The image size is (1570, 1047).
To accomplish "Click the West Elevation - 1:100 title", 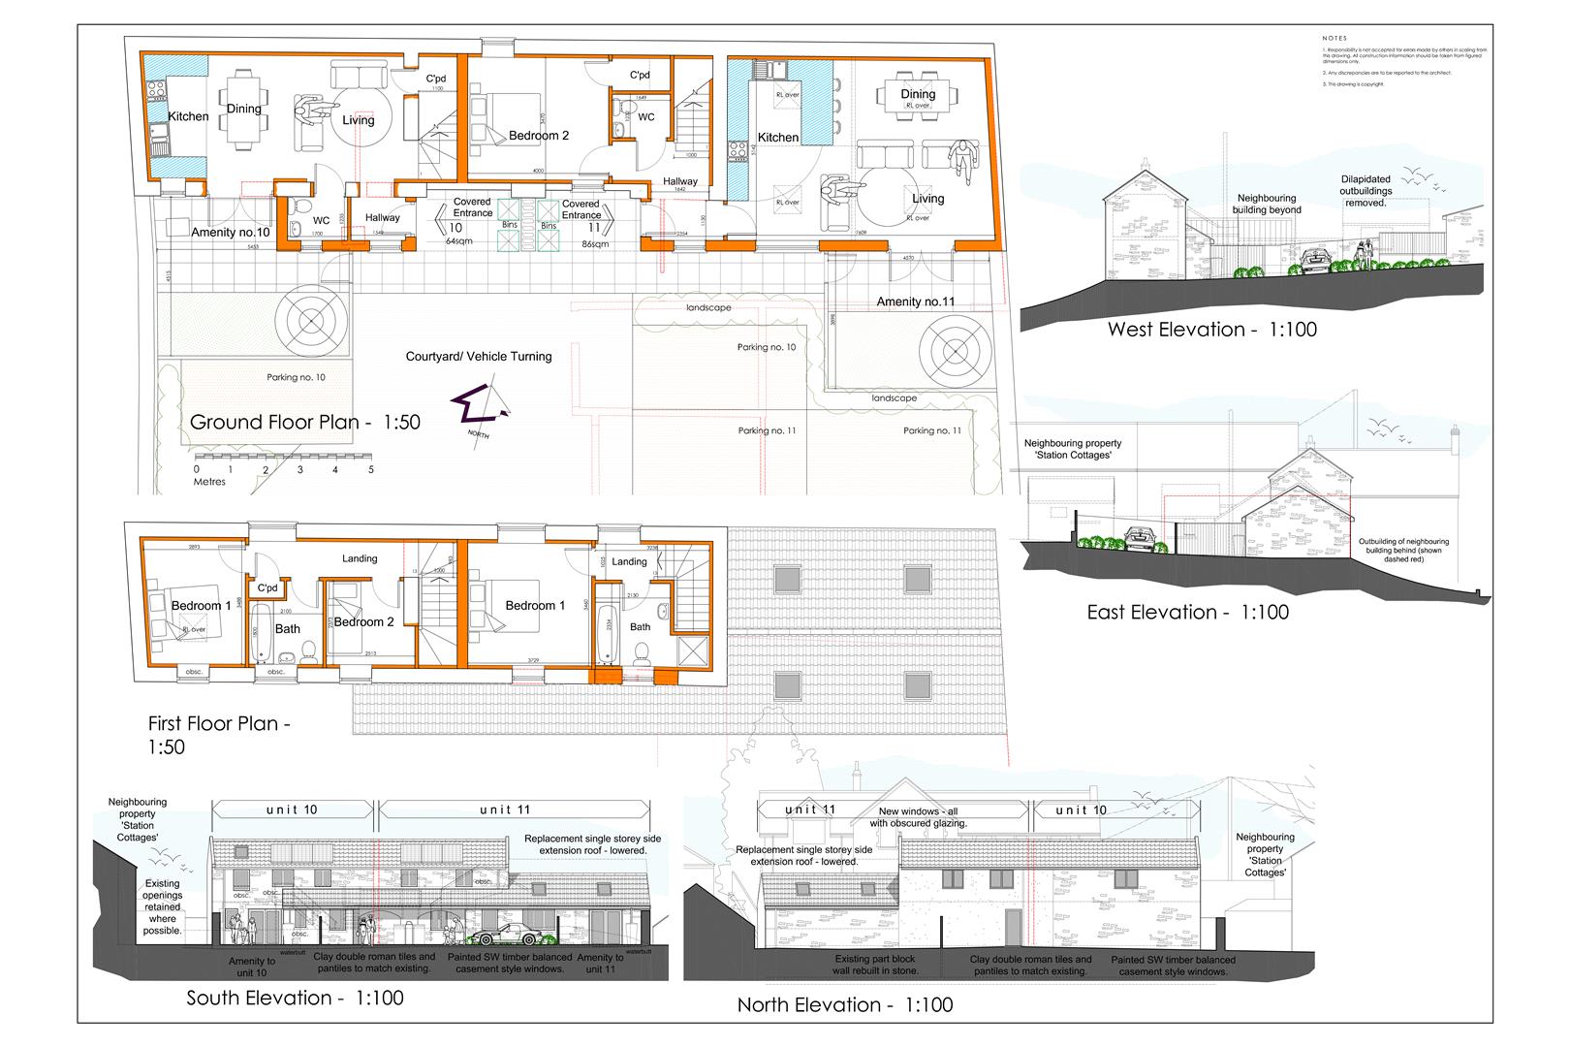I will pyautogui.click(x=1212, y=330).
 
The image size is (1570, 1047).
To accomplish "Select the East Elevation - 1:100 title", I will pyautogui.click(x=1187, y=613).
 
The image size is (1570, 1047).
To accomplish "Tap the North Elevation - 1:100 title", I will pyautogui.click(x=844, y=1005).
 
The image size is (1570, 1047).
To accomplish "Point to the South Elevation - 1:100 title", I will pyautogui.click(x=295, y=999).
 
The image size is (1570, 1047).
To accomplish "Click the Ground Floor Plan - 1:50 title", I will pyautogui.click(x=305, y=423).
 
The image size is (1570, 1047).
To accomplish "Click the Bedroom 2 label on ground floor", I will pyautogui.click(x=538, y=136).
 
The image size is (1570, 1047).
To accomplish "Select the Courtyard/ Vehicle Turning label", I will pyautogui.click(x=478, y=357).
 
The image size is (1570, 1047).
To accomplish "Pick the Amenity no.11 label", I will pyautogui.click(x=915, y=302).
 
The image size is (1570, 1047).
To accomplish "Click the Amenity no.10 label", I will pyautogui.click(x=230, y=233).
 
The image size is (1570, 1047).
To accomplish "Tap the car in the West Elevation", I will pyautogui.click(x=1316, y=259).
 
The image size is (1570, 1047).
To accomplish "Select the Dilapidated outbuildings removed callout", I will pyautogui.click(x=1366, y=191).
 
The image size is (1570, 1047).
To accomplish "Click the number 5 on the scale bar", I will pyautogui.click(x=370, y=469).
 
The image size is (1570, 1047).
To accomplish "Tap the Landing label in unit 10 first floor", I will pyautogui.click(x=360, y=558).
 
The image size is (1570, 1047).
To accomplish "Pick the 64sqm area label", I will pyautogui.click(x=458, y=240).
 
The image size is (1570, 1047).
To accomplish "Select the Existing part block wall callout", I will pyautogui.click(x=876, y=965).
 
